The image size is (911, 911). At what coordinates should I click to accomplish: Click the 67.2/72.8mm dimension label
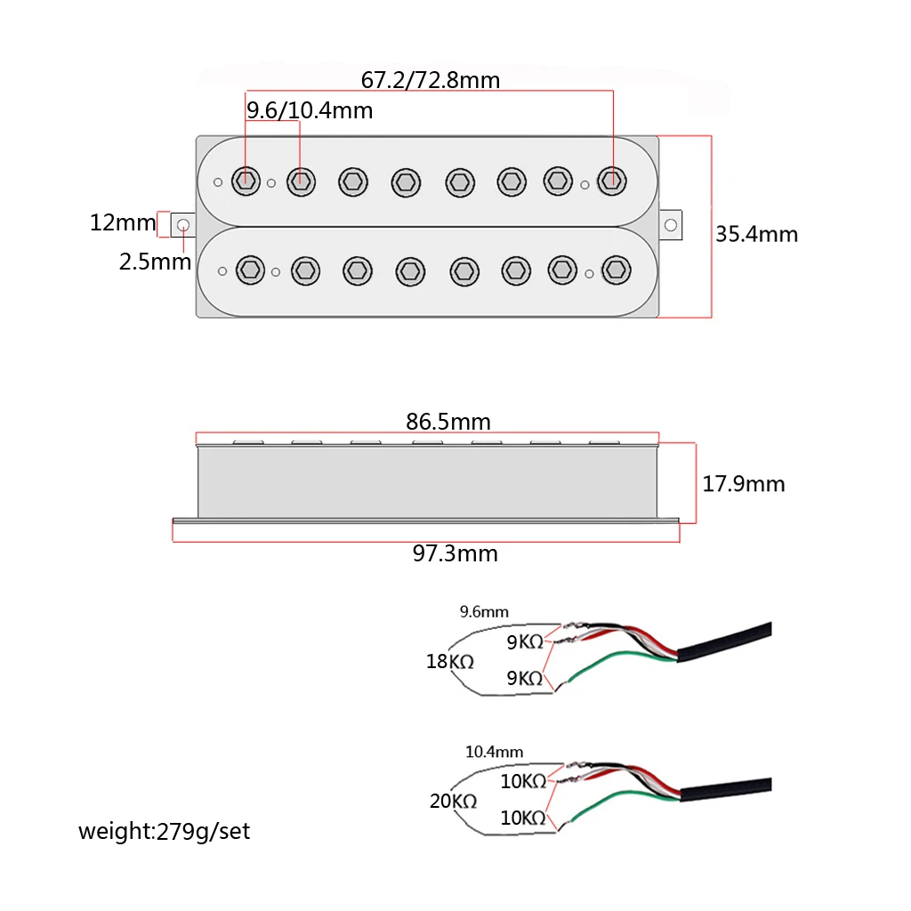point(430,80)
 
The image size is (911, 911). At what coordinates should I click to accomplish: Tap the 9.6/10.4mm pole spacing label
point(309,111)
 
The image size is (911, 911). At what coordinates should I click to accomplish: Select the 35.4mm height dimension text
point(756,234)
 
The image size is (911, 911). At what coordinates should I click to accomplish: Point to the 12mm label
point(122,222)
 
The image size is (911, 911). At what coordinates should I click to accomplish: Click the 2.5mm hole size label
point(155,262)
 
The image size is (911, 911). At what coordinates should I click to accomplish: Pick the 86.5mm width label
point(448,421)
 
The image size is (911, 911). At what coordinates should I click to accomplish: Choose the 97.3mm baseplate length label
point(455,553)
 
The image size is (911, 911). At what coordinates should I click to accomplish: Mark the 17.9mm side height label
point(743,484)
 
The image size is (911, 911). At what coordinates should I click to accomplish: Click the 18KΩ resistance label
point(450,662)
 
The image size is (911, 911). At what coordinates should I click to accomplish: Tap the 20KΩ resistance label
point(453,801)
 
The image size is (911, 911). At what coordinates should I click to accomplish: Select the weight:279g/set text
point(165,832)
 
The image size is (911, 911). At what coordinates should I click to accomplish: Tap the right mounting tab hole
point(670,222)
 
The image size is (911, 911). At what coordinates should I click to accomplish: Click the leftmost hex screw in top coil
point(246,180)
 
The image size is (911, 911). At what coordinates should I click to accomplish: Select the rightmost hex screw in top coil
point(610,180)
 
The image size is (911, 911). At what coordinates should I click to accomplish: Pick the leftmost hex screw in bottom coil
point(250,270)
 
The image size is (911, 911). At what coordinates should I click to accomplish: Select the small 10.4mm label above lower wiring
point(494,752)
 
